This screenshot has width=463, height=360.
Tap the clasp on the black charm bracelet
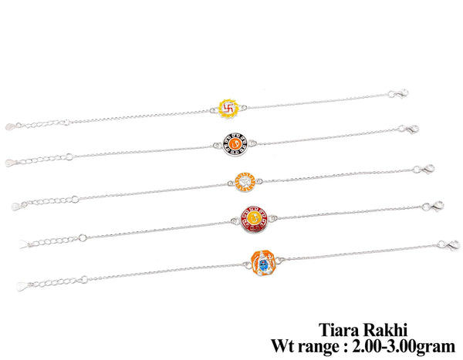[x=407, y=132]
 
